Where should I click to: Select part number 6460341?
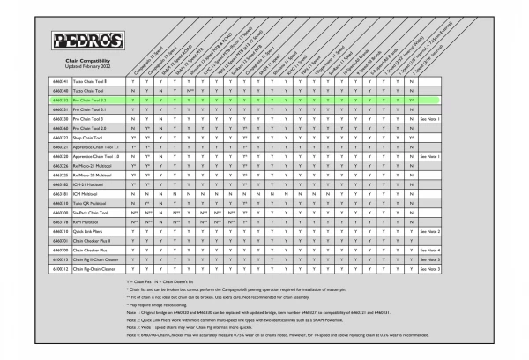[60, 81]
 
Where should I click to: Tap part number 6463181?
[60, 193]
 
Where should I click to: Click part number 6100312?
[60, 269]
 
